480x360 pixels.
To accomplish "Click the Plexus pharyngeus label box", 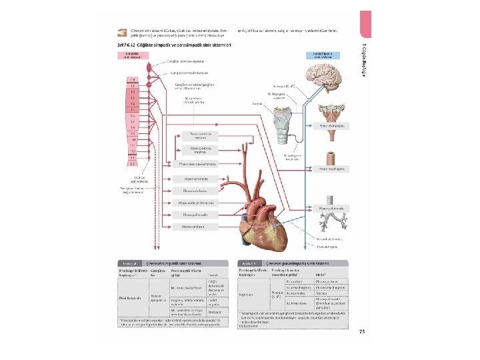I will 332,124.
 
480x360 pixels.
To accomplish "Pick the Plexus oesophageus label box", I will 332,169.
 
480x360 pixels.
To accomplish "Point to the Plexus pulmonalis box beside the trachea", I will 331,209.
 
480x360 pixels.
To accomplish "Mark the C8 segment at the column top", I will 133,79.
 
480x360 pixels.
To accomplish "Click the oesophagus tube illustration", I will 331,158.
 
